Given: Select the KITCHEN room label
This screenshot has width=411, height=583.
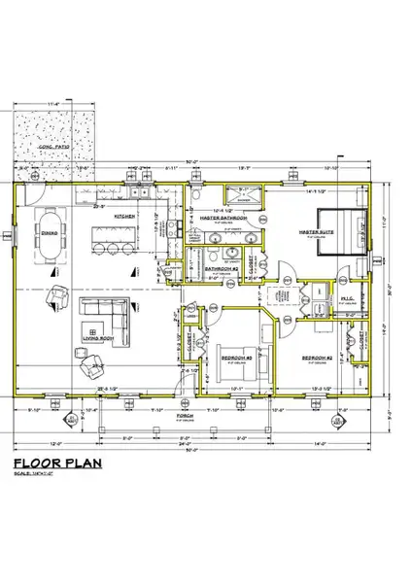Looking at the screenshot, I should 124,216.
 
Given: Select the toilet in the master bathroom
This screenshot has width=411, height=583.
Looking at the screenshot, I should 195,199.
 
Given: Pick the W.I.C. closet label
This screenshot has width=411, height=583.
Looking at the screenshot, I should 345,298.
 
